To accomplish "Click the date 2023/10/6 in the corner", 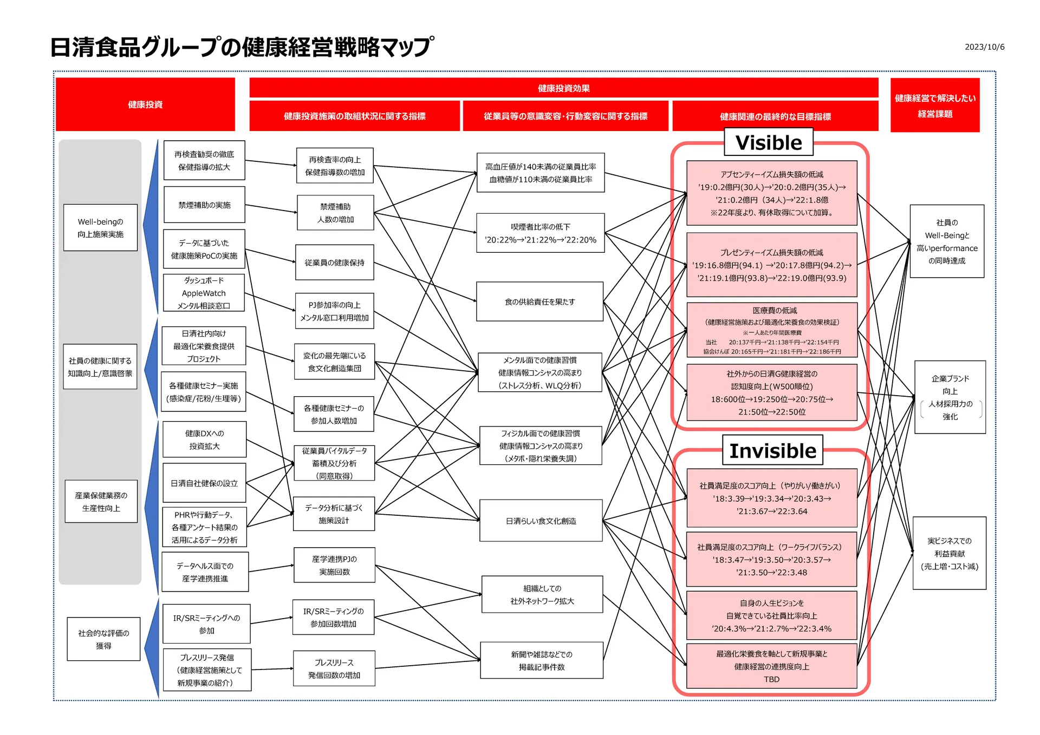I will tap(984, 47).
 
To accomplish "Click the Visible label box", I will tap(769, 142).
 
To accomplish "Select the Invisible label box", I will tap(772, 450).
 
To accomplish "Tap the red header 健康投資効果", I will tap(563, 88).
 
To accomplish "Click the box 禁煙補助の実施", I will tap(204, 205).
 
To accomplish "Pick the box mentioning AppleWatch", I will tap(204, 293).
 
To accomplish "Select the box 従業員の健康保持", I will tap(334, 262).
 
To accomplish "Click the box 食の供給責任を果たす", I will tap(539, 301).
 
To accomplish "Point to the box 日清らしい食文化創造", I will tap(541, 521).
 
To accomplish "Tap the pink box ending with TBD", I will tap(771, 666).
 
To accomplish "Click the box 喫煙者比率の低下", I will tap(540, 233).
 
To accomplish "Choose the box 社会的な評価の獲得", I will tap(103, 639).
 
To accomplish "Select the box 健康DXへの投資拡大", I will tap(204, 439).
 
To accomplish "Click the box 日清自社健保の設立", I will tap(204, 483).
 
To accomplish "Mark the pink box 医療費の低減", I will tap(771, 330).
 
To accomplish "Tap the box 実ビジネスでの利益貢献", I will tap(949, 553).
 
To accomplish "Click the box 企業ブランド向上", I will tap(950, 397).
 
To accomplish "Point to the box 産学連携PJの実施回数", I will tap(334, 565).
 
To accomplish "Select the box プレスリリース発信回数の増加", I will tap(334, 668).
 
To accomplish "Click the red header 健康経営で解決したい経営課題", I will tap(934, 106).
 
